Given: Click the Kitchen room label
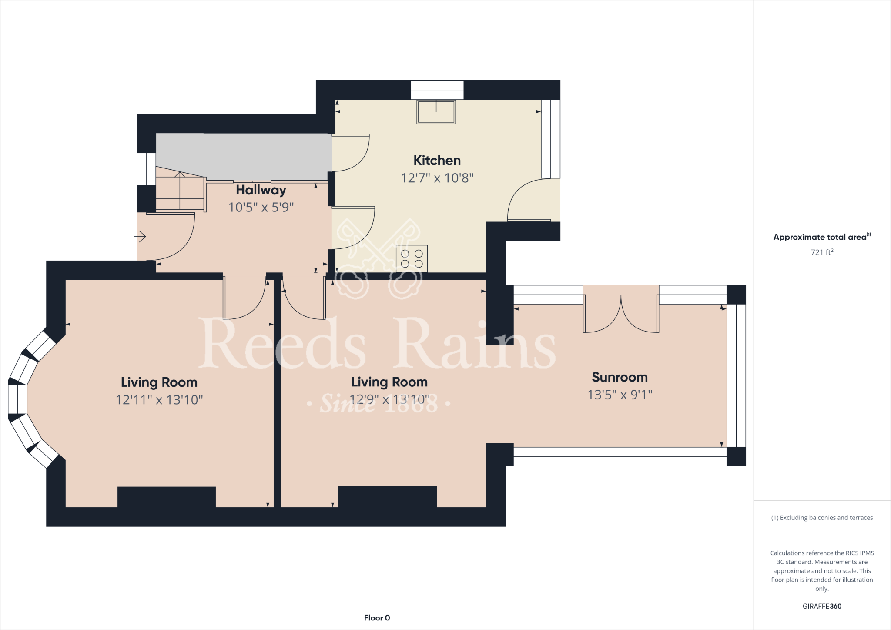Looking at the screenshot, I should coord(437,161).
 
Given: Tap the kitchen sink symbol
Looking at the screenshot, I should coord(436,112).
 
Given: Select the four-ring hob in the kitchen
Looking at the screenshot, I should coord(412,258).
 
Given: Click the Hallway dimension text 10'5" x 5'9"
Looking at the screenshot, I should coord(261,208).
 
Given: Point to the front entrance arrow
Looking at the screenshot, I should coord(140,237).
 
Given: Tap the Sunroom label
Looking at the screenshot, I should coord(620,377).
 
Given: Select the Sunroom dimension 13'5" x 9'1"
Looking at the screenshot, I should coord(620,395).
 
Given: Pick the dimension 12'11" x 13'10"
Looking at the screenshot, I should coord(159,400).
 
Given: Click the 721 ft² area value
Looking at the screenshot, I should coord(822,252).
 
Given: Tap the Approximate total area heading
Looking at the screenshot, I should coord(820,237).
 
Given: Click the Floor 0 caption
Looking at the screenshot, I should coord(377,618).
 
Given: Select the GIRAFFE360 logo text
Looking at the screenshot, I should coord(822,606).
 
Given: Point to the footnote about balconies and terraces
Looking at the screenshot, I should coord(822,518).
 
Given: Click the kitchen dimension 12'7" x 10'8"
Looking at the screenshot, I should coord(437,178).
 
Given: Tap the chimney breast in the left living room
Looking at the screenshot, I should coord(167,497).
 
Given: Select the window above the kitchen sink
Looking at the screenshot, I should coord(437,90).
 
